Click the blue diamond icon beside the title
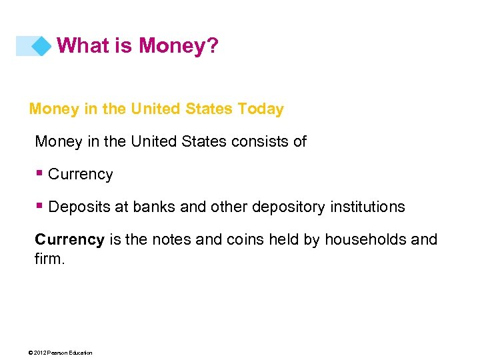(x=41, y=46)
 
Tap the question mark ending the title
(x=213, y=46)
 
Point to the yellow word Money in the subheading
(x=54, y=109)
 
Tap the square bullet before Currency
(x=41, y=173)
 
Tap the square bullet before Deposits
(x=41, y=206)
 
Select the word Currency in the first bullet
(x=81, y=175)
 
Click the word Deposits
(x=79, y=207)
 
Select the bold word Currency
(x=69, y=239)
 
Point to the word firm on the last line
(x=48, y=258)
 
